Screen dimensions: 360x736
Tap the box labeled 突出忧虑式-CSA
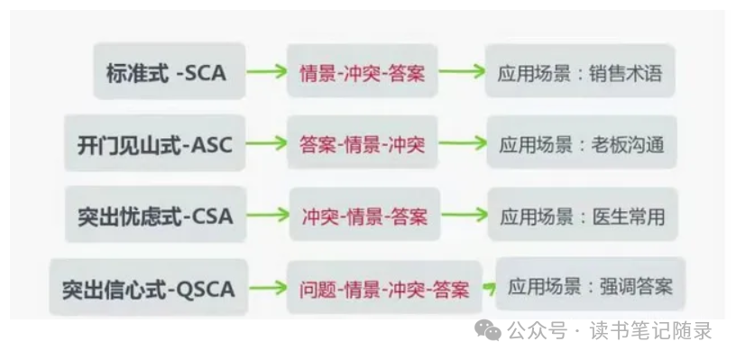[155, 217]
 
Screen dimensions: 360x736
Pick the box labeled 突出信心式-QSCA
[148, 289]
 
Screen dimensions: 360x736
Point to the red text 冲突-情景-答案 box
[364, 217]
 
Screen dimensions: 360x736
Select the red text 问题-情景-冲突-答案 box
[383, 290]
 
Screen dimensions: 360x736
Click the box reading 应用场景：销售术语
[579, 72]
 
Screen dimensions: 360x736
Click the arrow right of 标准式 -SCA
[265, 72]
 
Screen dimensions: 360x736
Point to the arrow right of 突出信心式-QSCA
[267, 289]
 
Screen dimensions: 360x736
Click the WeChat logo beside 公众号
[488, 330]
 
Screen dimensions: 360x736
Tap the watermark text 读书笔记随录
[650, 331]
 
